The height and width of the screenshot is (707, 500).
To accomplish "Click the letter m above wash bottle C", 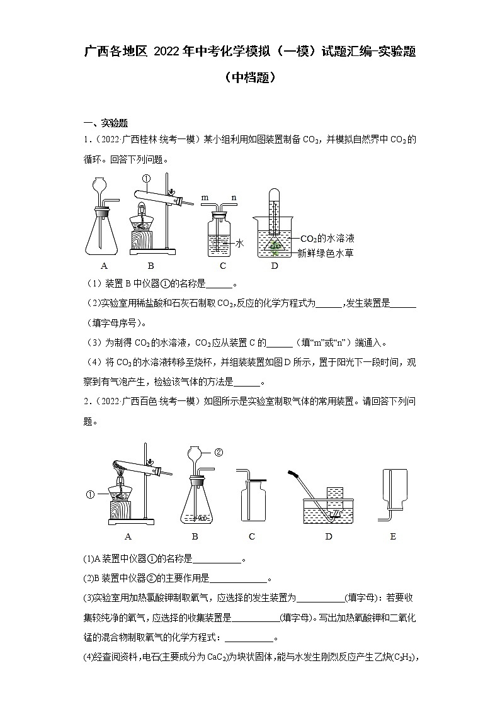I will (205, 197).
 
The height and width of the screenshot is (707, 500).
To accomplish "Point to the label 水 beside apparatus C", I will (239, 242).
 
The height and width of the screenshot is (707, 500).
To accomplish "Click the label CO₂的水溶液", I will (327, 239).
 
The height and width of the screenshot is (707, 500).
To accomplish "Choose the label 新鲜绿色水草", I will (327, 252).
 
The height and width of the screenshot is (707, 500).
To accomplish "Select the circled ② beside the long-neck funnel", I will (219, 451).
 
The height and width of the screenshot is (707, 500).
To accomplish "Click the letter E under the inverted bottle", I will (394, 536).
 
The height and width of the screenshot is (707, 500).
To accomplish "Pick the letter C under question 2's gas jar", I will (251, 536).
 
